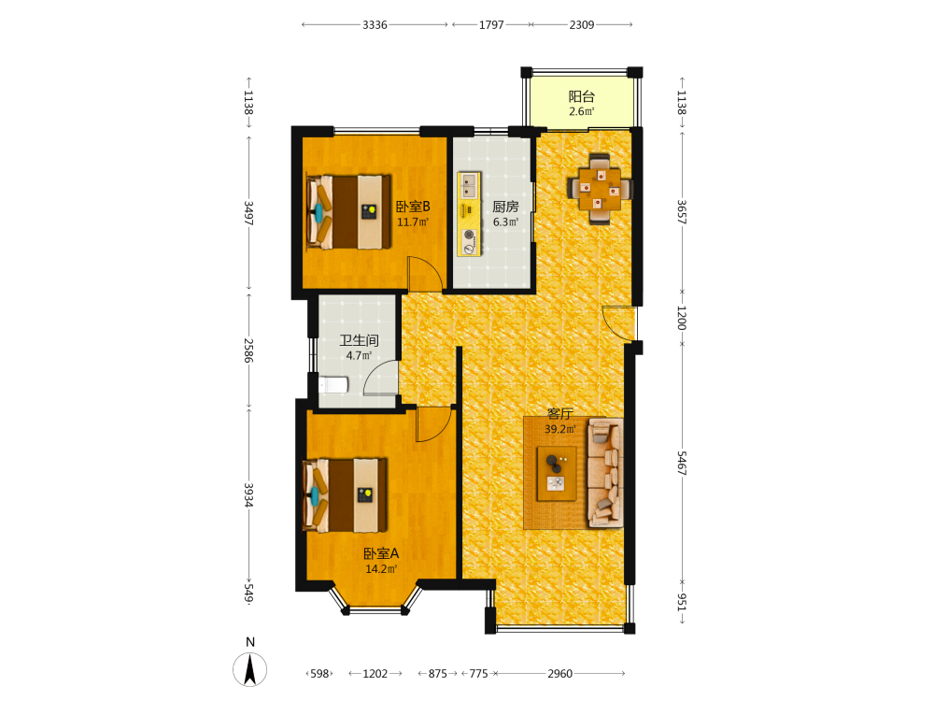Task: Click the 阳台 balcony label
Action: click(581, 96)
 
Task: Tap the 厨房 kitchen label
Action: click(505, 207)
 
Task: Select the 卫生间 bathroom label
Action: click(360, 340)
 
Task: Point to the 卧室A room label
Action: click(381, 553)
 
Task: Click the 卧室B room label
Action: click(413, 207)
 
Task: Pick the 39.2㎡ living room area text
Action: click(559, 429)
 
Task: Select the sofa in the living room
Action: click(606, 473)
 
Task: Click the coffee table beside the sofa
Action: click(557, 473)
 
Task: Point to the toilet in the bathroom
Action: click(334, 385)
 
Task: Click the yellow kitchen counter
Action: click(470, 215)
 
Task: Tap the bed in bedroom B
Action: click(348, 211)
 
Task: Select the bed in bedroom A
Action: click(346, 494)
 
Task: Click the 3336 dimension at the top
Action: click(375, 25)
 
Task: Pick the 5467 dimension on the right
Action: click(682, 463)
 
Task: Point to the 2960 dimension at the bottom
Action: click(559, 674)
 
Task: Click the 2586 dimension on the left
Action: click(249, 350)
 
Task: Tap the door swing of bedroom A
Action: click(433, 424)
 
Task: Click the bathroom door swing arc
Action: click(380, 377)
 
